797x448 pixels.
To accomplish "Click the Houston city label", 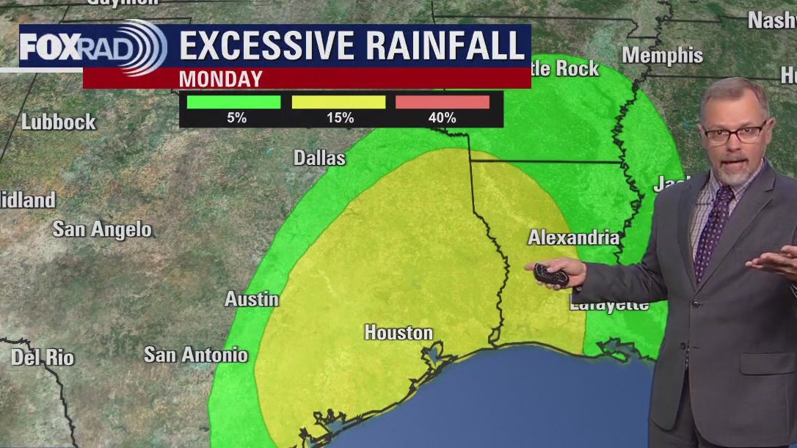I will pos(398,333).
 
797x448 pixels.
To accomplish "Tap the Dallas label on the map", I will pos(319,158).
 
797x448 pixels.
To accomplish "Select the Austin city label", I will pos(252,299).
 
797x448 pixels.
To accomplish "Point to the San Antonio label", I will pos(195,355).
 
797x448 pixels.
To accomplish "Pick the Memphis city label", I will pos(662,55).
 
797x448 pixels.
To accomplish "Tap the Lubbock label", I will pos(59,122).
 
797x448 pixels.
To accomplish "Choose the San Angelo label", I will pos(102,229).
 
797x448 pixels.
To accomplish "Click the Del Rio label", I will pos(43,358).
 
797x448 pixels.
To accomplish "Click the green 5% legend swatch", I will pos(233,102).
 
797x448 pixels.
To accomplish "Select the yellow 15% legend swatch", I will pos(338,102).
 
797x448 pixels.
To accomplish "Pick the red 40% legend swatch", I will pos(442,102).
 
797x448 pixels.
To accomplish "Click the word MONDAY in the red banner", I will pos(220,78).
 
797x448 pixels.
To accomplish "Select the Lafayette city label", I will pos(608,305).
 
